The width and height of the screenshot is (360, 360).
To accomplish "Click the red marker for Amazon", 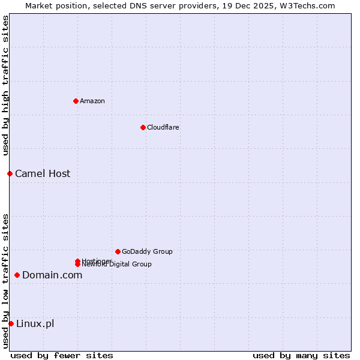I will (76, 101).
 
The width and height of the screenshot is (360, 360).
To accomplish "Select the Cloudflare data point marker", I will (143, 127).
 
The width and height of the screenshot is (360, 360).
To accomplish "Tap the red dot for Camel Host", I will (10, 173).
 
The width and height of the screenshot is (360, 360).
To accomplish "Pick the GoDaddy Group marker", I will (118, 251).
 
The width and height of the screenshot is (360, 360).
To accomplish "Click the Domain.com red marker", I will (17, 275).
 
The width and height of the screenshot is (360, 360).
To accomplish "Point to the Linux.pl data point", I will (11, 324).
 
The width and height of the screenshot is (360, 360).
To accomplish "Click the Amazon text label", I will (92, 101).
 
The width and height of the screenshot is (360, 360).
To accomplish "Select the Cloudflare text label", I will (163, 127).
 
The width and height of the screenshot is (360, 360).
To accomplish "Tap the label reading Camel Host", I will (43, 173).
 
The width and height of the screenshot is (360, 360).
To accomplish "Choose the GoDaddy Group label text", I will (147, 251).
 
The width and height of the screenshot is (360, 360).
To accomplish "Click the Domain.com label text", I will (52, 275).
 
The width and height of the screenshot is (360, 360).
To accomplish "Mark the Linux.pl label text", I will (35, 324).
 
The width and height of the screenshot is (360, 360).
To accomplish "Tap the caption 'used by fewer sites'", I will (62, 355).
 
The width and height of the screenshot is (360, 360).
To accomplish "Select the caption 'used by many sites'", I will (301, 355).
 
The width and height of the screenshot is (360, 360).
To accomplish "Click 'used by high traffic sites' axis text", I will (5, 85).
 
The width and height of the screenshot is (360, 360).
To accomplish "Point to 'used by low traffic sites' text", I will (5, 280).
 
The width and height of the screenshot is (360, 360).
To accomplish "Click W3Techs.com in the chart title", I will (305, 5).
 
